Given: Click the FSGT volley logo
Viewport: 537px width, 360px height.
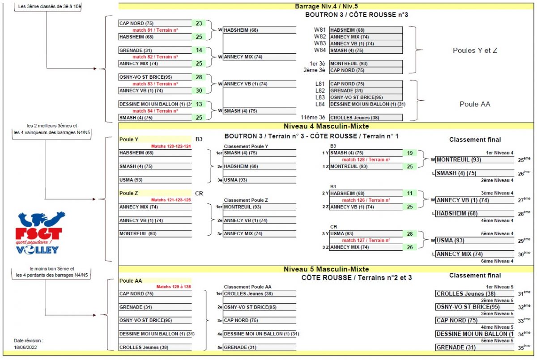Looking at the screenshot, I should pyautogui.click(x=40, y=233).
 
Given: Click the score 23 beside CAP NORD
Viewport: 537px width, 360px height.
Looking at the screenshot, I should pyautogui.click(x=199, y=23).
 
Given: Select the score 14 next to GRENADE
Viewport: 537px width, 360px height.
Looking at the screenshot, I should pyautogui.click(x=199, y=50).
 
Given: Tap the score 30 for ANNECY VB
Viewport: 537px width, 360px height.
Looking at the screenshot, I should pyautogui.click(x=199, y=90).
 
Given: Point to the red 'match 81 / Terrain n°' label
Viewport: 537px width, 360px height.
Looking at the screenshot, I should pyautogui.click(x=155, y=30).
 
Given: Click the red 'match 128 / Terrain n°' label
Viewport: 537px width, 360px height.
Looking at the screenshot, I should pyautogui.click(x=366, y=160).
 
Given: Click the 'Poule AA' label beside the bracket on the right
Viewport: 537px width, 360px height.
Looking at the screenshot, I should pyautogui.click(x=475, y=104).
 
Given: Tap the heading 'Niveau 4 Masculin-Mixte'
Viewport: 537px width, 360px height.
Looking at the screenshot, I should pyautogui.click(x=326, y=126).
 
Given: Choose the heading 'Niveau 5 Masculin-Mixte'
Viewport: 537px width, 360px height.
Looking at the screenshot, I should pyautogui.click(x=326, y=269).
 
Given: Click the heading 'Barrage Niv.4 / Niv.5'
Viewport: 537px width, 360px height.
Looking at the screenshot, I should pyautogui.click(x=326, y=6).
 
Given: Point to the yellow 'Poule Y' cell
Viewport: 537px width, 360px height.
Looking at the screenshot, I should pyautogui.click(x=155, y=140).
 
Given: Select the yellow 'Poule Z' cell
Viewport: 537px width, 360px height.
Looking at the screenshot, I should pyautogui.click(x=155, y=193).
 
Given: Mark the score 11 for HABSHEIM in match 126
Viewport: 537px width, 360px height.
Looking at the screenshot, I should pyautogui.click(x=409, y=193).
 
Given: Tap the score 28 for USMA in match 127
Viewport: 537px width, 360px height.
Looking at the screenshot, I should pyautogui.click(x=409, y=233).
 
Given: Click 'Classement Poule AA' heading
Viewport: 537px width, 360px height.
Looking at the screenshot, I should pyautogui.click(x=247, y=287).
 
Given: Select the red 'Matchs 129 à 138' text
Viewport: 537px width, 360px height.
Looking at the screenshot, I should pyautogui.click(x=174, y=287).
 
